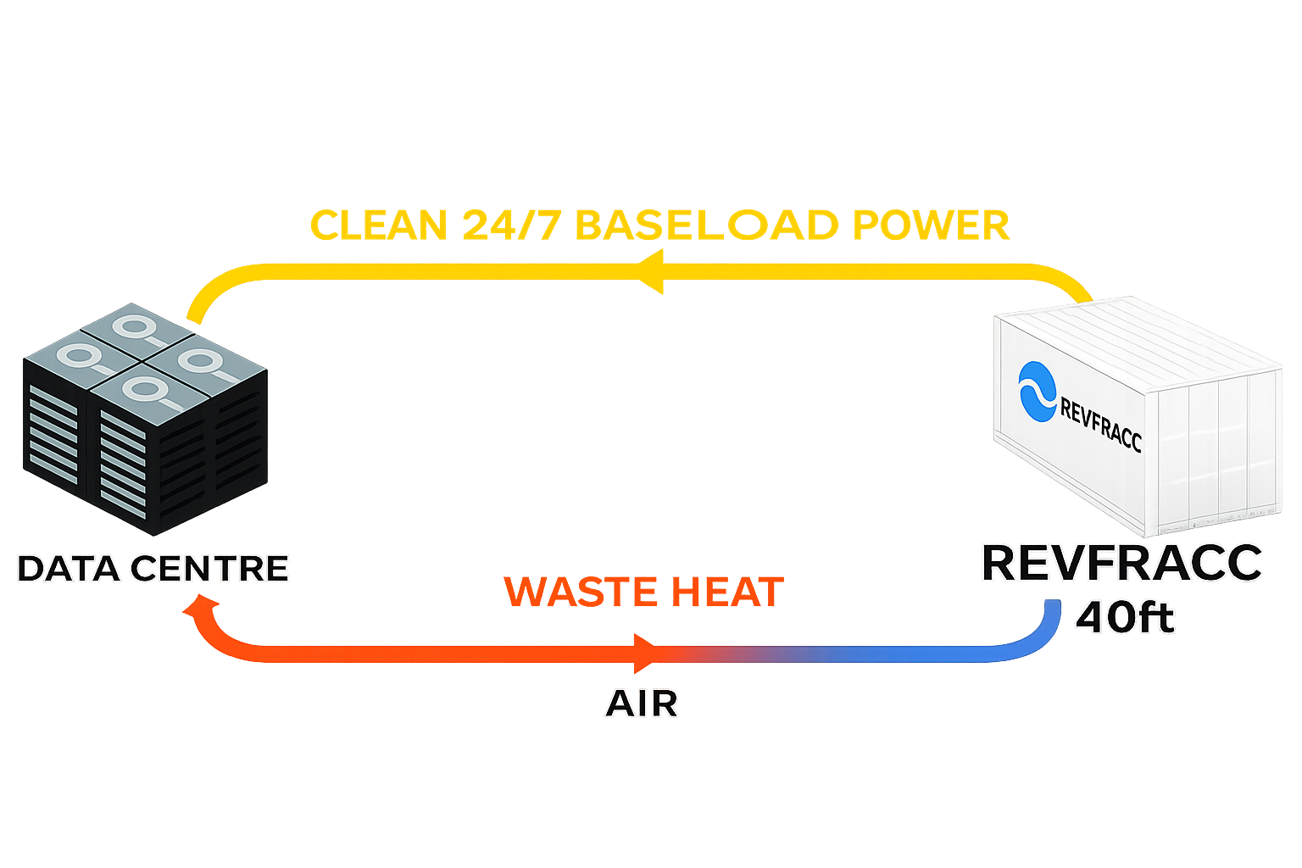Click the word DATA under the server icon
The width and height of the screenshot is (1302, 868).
tap(70, 569)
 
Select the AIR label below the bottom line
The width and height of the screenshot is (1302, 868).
tap(642, 704)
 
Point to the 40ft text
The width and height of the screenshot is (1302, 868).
tap(1125, 617)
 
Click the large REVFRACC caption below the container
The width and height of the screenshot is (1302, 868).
tap(1121, 564)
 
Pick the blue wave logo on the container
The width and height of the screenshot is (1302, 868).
tap(1037, 391)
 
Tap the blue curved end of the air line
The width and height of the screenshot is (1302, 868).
tap(1048, 627)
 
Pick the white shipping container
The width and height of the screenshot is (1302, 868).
tap(1136, 415)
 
